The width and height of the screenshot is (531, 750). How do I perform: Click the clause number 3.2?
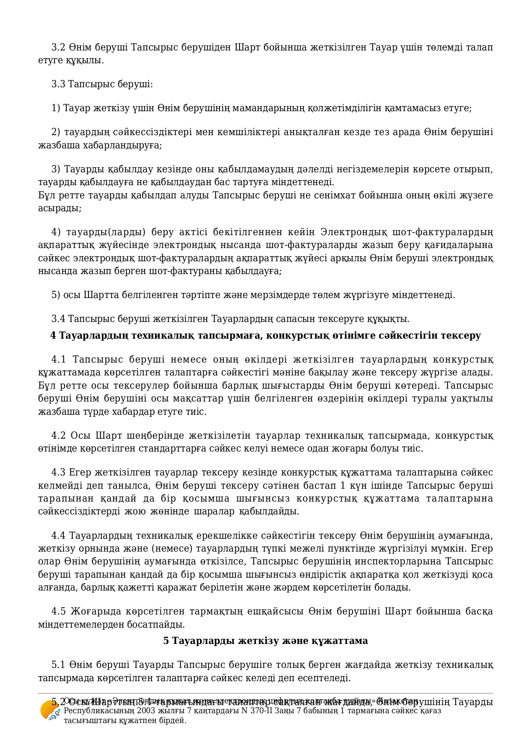click(x=58, y=47)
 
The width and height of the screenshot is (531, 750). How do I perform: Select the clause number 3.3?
click(x=58, y=84)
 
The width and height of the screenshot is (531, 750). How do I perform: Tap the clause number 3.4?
click(x=58, y=319)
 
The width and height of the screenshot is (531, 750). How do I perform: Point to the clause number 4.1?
click(x=59, y=360)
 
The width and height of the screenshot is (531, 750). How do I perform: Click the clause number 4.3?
click(x=58, y=472)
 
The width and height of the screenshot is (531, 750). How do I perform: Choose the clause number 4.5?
click(x=59, y=611)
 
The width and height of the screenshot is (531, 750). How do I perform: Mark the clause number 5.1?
click(x=58, y=665)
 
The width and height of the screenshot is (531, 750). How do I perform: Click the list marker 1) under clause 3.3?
click(x=56, y=108)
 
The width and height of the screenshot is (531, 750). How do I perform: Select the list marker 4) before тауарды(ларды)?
click(x=56, y=232)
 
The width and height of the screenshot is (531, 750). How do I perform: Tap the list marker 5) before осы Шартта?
click(x=56, y=295)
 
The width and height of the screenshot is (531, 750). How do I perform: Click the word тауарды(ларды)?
click(x=106, y=232)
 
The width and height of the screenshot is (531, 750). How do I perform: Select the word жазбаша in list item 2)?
click(x=55, y=145)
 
